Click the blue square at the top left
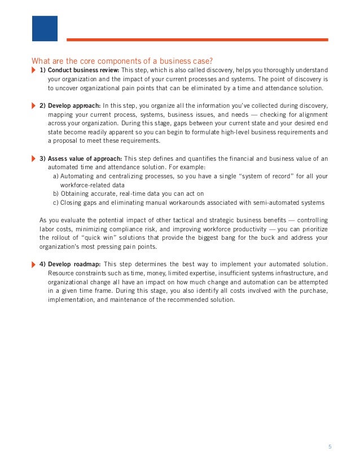coord(45,29)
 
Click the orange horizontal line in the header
coord(197,39)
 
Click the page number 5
coord(330,447)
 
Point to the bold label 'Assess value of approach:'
coord(85,159)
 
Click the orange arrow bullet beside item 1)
coord(33,70)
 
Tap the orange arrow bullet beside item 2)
coord(33,105)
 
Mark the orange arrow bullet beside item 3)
coord(33,159)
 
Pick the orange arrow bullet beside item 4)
coord(33,264)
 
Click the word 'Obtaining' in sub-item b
coord(76,194)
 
